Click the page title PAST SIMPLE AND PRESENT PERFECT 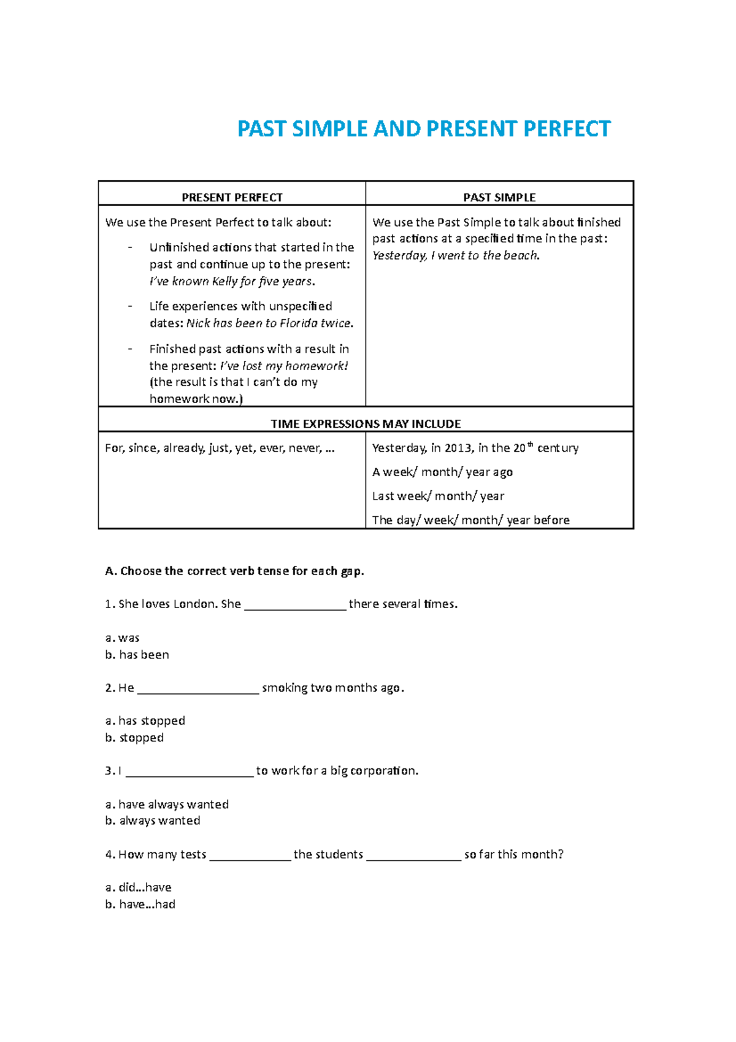pos(424,129)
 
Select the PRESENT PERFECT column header pos(232,198)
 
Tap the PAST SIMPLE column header pos(499,198)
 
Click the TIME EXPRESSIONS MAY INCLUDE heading pos(366,424)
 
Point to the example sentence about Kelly pos(232,282)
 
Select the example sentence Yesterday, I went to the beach pos(456,256)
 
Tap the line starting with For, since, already pos(220,449)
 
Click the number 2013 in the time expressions pos(458,449)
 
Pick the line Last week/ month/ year pos(438,496)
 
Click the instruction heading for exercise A pos(234,571)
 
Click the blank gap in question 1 pos(295,605)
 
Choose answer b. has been pos(137,655)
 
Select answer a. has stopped pos(145,721)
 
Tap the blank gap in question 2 pos(198,689)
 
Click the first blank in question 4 pos(250,855)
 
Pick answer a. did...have pos(139,887)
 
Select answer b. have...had pos(140,905)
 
